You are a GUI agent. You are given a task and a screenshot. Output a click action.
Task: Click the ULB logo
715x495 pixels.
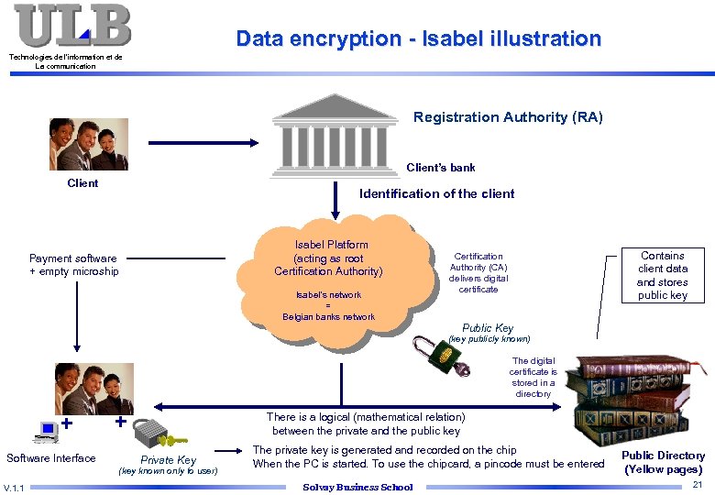(72, 26)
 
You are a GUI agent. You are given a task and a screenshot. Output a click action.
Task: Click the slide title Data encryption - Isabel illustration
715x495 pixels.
(418, 38)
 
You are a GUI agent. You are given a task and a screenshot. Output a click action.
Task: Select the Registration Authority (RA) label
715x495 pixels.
(508, 117)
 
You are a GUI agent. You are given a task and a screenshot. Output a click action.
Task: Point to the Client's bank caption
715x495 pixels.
(441, 168)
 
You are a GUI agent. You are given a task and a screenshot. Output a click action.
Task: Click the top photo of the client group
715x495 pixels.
(88, 144)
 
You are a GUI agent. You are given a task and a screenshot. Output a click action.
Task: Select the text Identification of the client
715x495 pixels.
(436, 193)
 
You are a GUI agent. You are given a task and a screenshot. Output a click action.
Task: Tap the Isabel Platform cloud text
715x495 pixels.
(330, 258)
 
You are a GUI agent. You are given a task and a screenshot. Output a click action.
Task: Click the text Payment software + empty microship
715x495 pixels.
(74, 265)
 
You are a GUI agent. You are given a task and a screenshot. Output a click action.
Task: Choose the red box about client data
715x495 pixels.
(662, 275)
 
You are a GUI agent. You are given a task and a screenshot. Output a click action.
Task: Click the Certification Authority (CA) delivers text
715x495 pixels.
(478, 272)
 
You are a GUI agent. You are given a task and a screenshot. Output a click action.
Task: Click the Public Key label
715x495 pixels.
(488, 328)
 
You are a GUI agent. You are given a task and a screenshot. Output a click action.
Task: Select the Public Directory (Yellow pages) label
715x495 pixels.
(663, 462)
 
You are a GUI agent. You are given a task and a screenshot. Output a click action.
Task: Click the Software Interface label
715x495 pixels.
(51, 458)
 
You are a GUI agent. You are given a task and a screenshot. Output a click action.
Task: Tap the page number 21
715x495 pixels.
(697, 484)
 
